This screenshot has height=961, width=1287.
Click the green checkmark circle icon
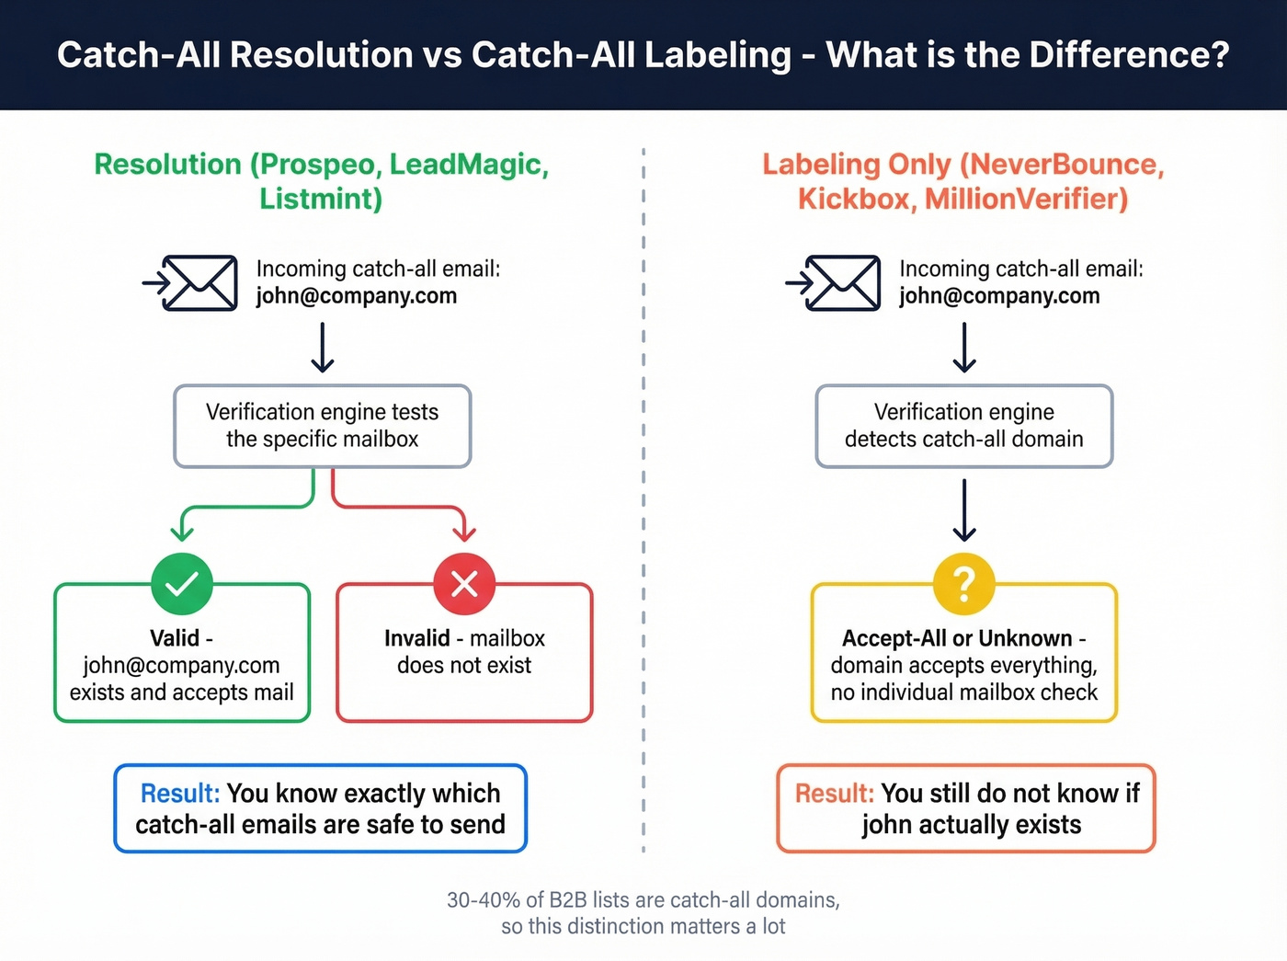click(182, 584)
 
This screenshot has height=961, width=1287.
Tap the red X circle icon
click(464, 584)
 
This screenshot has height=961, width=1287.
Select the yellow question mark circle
click(963, 584)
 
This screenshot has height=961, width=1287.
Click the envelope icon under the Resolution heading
click(199, 283)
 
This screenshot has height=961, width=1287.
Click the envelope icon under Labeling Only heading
click(843, 283)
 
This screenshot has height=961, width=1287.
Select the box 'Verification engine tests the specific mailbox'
click(323, 426)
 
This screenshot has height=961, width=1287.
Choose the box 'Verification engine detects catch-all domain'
click(963, 426)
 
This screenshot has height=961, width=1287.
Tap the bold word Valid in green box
click(175, 638)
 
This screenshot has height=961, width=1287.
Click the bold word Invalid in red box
click(416, 638)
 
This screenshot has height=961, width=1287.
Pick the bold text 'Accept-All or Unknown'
click(957, 638)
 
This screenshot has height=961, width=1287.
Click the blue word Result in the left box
click(180, 793)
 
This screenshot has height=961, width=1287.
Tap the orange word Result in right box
click(834, 793)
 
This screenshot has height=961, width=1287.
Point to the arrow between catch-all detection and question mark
click(963, 510)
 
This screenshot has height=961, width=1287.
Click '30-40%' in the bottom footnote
click(483, 900)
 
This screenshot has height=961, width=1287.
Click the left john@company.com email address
click(356, 296)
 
